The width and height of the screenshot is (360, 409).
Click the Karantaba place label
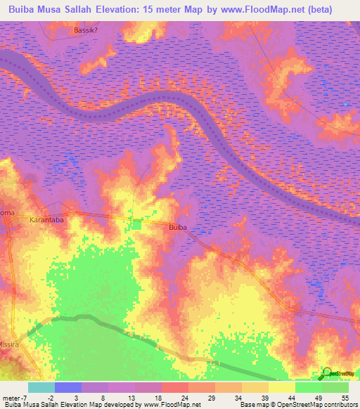click(x=47, y=220)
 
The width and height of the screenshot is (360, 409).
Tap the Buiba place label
click(x=178, y=228)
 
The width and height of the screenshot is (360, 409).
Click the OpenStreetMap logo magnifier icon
click(x=327, y=372)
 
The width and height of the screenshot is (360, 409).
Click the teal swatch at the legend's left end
click(x=41, y=387)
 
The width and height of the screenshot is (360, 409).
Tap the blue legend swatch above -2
click(x=68, y=387)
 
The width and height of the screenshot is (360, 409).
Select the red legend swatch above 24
click(x=174, y=387)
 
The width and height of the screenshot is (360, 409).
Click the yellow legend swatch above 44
click(x=281, y=387)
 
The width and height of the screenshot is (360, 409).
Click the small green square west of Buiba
click(x=136, y=223)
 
